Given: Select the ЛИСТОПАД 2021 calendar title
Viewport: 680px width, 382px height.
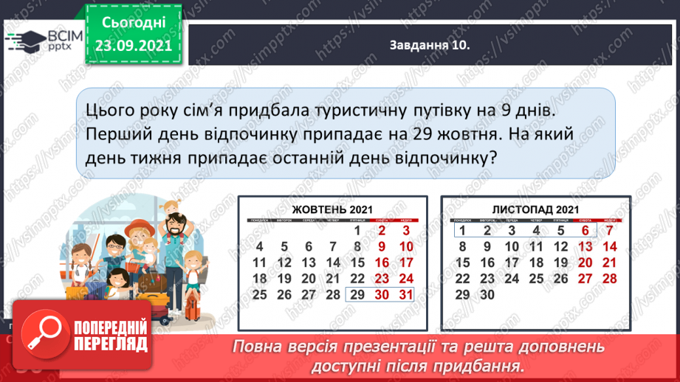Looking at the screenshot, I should coord(535,209).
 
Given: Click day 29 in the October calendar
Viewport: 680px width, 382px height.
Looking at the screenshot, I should coord(358,295).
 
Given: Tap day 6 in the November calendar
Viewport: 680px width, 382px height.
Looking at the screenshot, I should coord(585,230).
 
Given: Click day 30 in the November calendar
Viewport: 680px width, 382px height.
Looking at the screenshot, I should coord(487,295).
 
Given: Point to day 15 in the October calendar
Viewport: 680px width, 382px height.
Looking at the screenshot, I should coord(358,263).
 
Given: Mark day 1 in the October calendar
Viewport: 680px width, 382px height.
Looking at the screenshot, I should coord(358,230).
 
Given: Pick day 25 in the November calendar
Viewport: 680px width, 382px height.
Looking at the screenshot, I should coord(535,279).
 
